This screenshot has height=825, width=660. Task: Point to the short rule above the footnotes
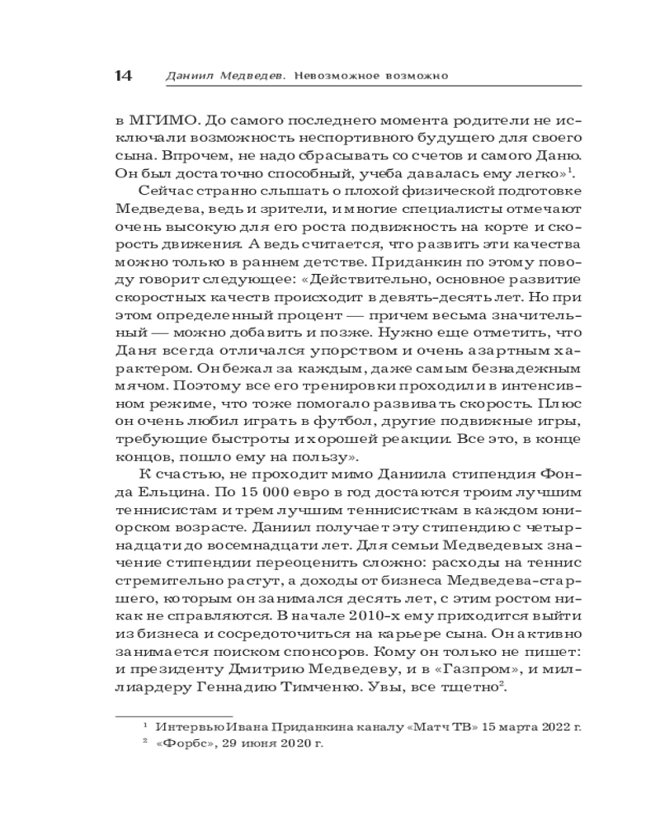click(173, 709)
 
